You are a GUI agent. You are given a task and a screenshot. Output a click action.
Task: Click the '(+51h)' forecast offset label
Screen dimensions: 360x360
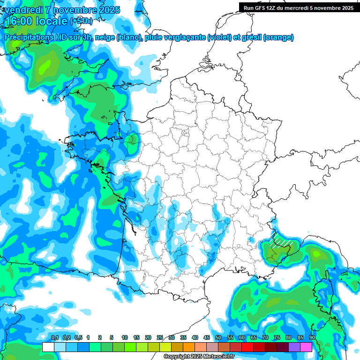81,21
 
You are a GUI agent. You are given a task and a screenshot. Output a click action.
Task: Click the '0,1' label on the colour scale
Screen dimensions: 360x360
54,338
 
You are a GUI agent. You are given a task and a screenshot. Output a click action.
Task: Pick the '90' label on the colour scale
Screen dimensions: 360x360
312,338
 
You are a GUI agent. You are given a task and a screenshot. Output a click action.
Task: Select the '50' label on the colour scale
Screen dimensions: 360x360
218,338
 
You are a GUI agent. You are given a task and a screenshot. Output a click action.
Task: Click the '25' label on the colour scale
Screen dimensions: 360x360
160,338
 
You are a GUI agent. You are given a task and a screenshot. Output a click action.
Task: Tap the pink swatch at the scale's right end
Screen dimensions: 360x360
306,347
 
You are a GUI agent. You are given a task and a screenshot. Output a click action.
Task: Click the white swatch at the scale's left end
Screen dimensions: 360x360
48,347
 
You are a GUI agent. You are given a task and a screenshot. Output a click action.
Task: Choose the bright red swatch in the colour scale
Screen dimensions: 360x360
247,347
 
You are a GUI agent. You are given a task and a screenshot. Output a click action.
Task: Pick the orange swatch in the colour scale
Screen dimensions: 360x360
189,347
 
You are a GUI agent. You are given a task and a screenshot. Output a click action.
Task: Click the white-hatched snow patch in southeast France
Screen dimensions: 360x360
281,240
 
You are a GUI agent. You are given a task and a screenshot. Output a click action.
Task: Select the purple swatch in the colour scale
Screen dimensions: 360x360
294,347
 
